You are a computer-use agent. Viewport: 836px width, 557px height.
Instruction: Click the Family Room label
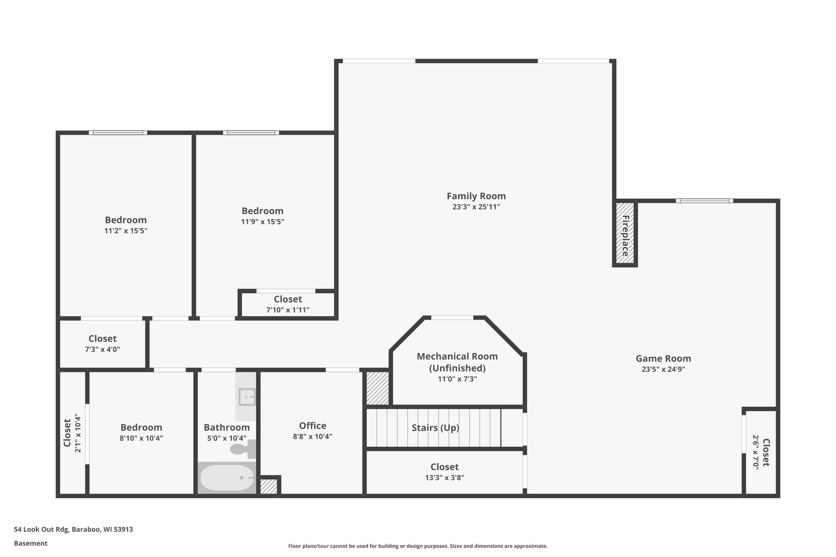coord(476,196)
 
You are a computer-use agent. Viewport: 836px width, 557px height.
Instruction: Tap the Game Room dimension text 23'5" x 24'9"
coord(663,369)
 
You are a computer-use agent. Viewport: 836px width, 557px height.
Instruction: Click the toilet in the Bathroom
coord(242,449)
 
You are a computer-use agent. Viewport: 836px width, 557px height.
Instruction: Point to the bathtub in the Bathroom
coord(227,477)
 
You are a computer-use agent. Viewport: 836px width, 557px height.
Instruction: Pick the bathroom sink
coord(247,397)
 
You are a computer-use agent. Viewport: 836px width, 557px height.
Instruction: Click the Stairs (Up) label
coord(435,428)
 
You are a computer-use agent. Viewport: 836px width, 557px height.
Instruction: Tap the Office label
coord(312,426)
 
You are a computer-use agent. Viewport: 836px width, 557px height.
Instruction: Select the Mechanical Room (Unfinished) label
coord(457,362)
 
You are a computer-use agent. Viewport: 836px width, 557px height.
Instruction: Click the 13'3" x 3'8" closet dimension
coord(445,477)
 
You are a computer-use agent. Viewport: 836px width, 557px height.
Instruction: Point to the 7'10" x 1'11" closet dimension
coord(288,310)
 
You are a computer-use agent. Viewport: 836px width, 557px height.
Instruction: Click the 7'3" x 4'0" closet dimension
coord(102,349)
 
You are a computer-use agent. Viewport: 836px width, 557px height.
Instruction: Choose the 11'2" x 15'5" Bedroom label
coord(126,220)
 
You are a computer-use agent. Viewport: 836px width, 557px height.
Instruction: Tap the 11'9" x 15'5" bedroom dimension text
coord(262,222)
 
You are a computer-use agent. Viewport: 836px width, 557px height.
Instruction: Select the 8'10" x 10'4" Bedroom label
coord(141,427)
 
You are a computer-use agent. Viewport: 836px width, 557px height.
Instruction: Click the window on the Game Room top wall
coord(704,201)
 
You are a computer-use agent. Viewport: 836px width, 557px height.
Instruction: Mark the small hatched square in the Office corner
coord(269,486)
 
